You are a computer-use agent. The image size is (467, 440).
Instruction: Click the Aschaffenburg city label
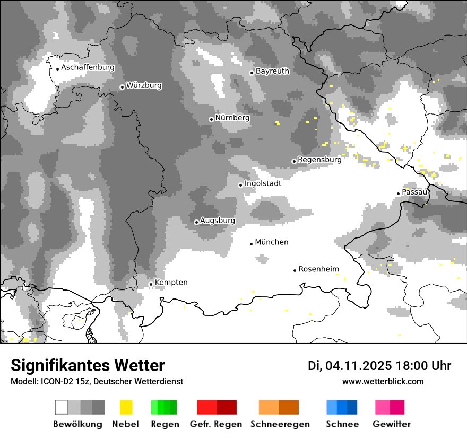[x=88, y=68]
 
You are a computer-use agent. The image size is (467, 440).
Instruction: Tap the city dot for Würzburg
[x=122, y=87]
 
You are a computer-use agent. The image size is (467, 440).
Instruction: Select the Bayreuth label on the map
[x=272, y=71]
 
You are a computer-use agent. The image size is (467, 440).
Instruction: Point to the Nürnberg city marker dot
[x=211, y=119]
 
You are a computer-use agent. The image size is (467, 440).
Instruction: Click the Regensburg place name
[x=319, y=159]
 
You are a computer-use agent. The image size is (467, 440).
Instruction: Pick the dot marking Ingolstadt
[x=240, y=185]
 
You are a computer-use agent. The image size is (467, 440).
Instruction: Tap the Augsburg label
[x=217, y=221]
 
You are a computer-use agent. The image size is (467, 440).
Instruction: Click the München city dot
[x=252, y=244]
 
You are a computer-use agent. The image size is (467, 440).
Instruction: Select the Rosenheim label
[x=318, y=269]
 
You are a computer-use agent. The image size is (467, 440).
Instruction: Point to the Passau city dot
[x=398, y=193]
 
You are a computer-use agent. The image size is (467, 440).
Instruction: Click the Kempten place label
[x=171, y=283]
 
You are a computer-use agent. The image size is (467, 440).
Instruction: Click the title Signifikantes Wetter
[x=88, y=366]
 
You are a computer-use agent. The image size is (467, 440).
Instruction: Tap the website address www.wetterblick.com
[x=383, y=381]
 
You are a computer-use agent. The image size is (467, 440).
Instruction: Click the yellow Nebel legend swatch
[x=126, y=407]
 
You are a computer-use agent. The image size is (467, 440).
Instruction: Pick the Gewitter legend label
[x=392, y=424]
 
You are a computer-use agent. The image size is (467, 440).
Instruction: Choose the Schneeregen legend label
[x=280, y=424]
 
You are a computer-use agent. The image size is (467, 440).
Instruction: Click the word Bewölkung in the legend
[x=77, y=424]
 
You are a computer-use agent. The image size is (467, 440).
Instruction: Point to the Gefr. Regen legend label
[x=216, y=424]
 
